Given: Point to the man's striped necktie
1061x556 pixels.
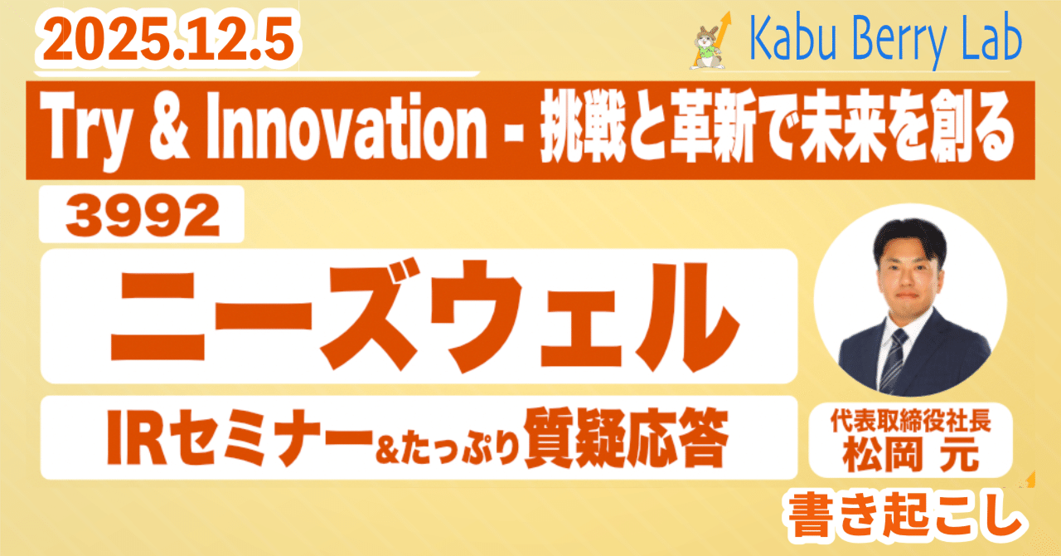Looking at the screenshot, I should click(893, 360).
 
